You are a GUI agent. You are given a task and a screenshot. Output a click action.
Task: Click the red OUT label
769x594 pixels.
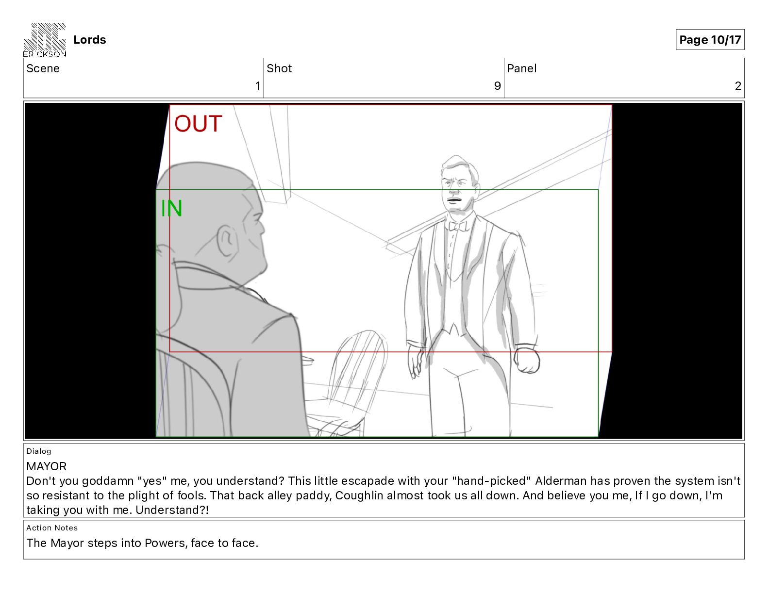[198, 123]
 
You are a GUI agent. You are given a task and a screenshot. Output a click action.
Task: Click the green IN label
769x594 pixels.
[171, 208]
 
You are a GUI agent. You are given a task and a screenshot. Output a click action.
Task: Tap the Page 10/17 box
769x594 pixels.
[710, 40]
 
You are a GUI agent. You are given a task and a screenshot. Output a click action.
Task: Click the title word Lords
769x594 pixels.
[89, 40]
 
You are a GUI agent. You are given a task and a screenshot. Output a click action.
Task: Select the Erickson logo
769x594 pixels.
[45, 40]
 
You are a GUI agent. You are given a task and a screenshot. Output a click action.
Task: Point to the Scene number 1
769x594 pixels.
[258, 85]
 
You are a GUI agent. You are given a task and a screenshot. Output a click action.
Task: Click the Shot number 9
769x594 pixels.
[497, 85]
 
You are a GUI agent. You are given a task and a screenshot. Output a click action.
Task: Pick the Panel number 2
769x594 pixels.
[738, 85]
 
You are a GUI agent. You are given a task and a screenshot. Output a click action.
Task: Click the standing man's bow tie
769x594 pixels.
[457, 226]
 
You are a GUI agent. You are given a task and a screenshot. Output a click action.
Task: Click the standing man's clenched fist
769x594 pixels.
[527, 360]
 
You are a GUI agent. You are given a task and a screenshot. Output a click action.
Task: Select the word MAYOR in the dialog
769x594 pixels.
[46, 466]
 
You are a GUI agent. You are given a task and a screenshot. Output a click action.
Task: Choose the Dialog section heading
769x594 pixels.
[39, 451]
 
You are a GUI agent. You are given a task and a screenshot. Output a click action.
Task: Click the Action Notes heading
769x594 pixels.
[52, 528]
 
